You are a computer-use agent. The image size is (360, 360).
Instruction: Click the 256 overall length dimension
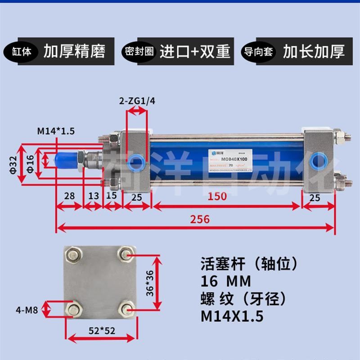200,219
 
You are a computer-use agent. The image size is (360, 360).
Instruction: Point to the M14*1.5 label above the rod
55,131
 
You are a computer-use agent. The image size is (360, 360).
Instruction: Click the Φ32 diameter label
14,166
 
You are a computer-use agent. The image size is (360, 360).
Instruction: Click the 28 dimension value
69,196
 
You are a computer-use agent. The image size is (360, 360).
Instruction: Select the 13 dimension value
93,196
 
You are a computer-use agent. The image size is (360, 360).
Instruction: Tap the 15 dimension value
112,196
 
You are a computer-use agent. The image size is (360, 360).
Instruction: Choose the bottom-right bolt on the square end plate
126,309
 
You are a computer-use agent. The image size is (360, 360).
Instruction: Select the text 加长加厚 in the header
314,51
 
